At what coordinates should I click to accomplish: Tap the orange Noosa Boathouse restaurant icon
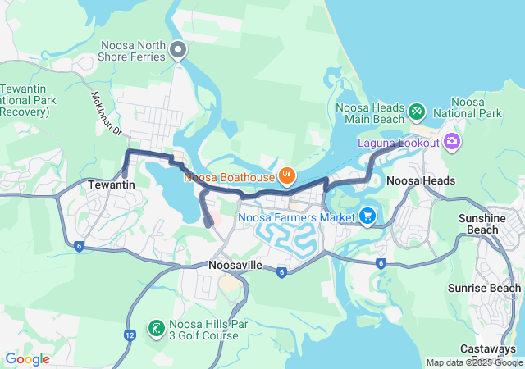pos(286,175)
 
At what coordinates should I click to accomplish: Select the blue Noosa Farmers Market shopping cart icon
pos(367,216)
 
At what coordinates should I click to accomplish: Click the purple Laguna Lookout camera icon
pos(450,143)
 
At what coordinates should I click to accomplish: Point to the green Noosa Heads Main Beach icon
pos(417,109)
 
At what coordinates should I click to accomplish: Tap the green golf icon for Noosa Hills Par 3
pos(155,329)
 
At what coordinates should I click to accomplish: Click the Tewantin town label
pos(112,185)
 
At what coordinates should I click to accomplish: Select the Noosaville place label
pos(235,266)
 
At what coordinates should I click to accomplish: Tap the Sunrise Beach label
pos(484,288)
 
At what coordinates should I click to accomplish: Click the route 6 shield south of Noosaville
pos(281,272)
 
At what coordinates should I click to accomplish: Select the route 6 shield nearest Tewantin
pos(79,245)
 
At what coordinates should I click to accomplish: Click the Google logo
pos(27,359)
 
